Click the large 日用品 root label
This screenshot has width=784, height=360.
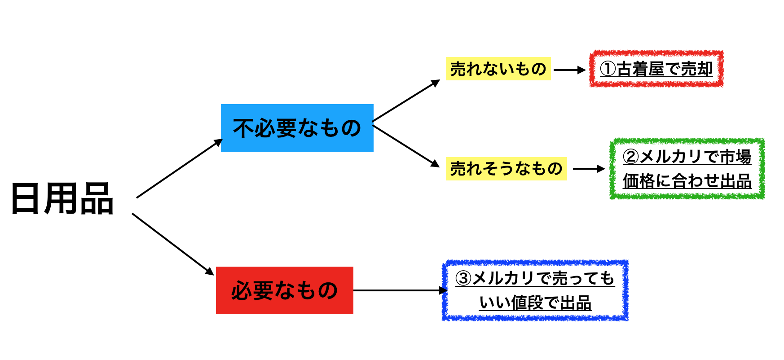click(62, 198)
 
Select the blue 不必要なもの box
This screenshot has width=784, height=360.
click(297, 128)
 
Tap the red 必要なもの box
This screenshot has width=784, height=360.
click(285, 290)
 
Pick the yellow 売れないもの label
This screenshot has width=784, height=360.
click(498, 69)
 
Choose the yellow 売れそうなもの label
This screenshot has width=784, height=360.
click(507, 169)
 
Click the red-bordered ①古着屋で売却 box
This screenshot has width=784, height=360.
click(656, 69)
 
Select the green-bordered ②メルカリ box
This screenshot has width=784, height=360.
click(687, 169)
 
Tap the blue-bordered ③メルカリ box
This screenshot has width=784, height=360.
click(535, 290)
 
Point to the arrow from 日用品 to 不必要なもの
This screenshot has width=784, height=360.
click(180, 168)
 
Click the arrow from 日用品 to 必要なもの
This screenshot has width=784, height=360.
click(173, 244)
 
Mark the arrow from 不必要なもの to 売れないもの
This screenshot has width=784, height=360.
click(406, 101)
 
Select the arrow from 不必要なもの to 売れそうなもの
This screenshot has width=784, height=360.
click(406, 146)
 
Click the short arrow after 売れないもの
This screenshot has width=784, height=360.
click(570, 70)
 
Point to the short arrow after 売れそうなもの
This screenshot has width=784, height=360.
click(589, 169)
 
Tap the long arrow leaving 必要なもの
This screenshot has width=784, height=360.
click(401, 290)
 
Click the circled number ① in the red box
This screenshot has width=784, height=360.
click(608, 69)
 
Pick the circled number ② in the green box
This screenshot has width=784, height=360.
click(631, 157)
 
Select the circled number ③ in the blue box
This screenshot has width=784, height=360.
click(463, 278)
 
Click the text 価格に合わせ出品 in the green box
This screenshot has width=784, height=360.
click(687, 181)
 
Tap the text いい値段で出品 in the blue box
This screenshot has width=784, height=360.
click(535, 303)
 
